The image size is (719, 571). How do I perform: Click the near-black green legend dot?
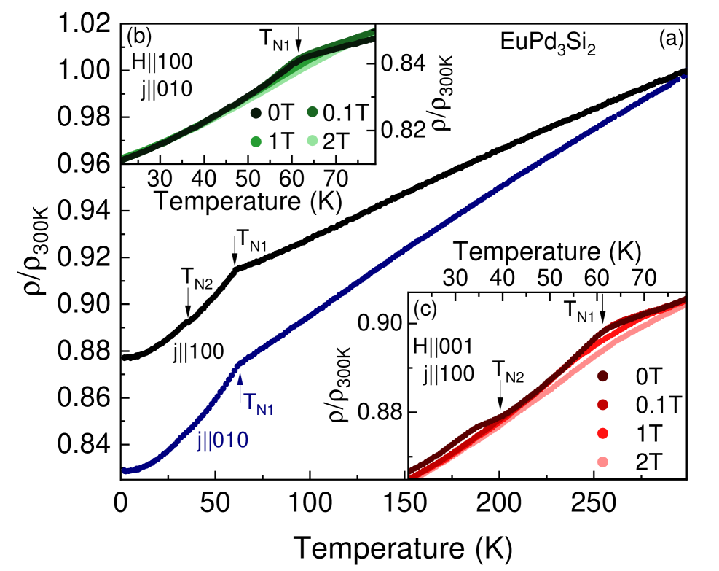point(256,113)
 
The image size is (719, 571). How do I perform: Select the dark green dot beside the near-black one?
point(313,112)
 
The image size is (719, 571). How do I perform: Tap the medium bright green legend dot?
point(256,141)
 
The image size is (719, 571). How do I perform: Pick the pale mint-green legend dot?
point(313,140)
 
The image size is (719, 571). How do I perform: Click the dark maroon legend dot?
point(602,376)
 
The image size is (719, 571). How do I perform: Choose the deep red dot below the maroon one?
point(602,405)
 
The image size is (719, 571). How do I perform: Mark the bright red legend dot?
point(602,433)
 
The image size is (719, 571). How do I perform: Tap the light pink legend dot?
point(602,462)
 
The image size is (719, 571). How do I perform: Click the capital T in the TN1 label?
point(250,402)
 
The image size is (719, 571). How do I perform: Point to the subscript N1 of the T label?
point(265,410)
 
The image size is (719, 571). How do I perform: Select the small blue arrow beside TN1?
point(241,386)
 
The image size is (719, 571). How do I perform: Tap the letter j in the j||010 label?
point(200,441)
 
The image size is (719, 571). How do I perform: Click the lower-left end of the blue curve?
point(125,471)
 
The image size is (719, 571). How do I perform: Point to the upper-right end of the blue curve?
point(685,76)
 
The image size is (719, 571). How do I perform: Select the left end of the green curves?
point(123,158)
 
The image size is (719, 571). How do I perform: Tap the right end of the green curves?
point(373,34)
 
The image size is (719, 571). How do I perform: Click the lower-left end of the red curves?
point(410,473)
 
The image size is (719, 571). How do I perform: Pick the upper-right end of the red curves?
point(685,300)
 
